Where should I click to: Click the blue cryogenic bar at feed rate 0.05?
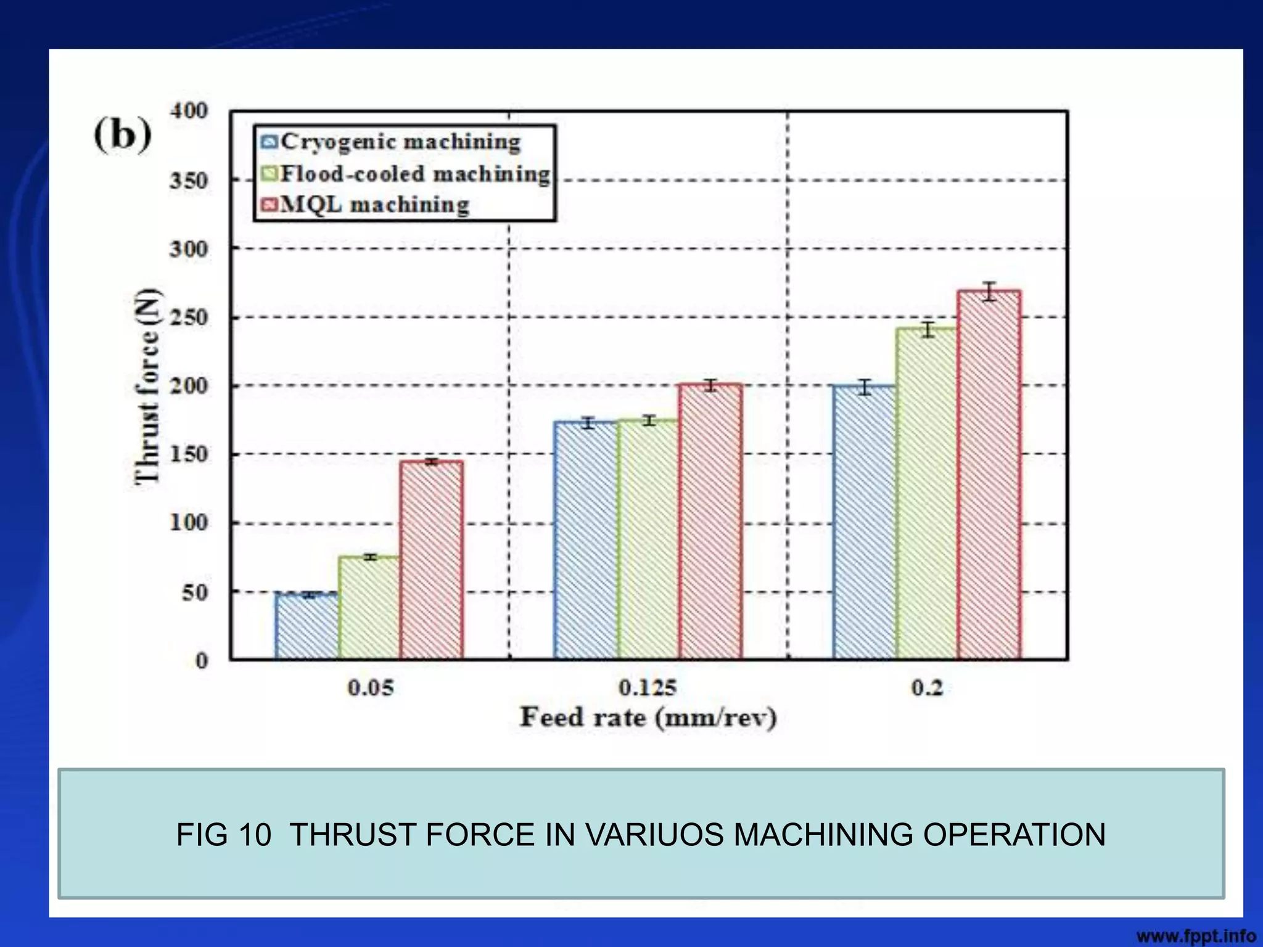click(306, 626)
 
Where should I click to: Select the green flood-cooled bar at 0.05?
click(369, 608)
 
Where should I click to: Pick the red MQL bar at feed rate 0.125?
click(710, 522)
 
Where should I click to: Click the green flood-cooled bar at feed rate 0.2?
click(927, 493)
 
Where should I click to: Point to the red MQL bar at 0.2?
click(989, 475)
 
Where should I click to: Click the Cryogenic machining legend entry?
click(391, 142)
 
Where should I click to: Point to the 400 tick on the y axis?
click(188, 112)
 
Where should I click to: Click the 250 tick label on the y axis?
click(188, 318)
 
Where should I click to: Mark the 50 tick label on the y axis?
click(194, 592)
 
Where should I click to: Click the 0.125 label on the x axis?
click(648, 687)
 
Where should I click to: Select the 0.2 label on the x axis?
click(927, 687)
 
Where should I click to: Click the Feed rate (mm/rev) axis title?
click(648, 718)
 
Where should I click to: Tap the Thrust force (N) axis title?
click(147, 386)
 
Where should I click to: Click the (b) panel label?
click(123, 134)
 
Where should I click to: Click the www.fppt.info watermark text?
click(1196, 936)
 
